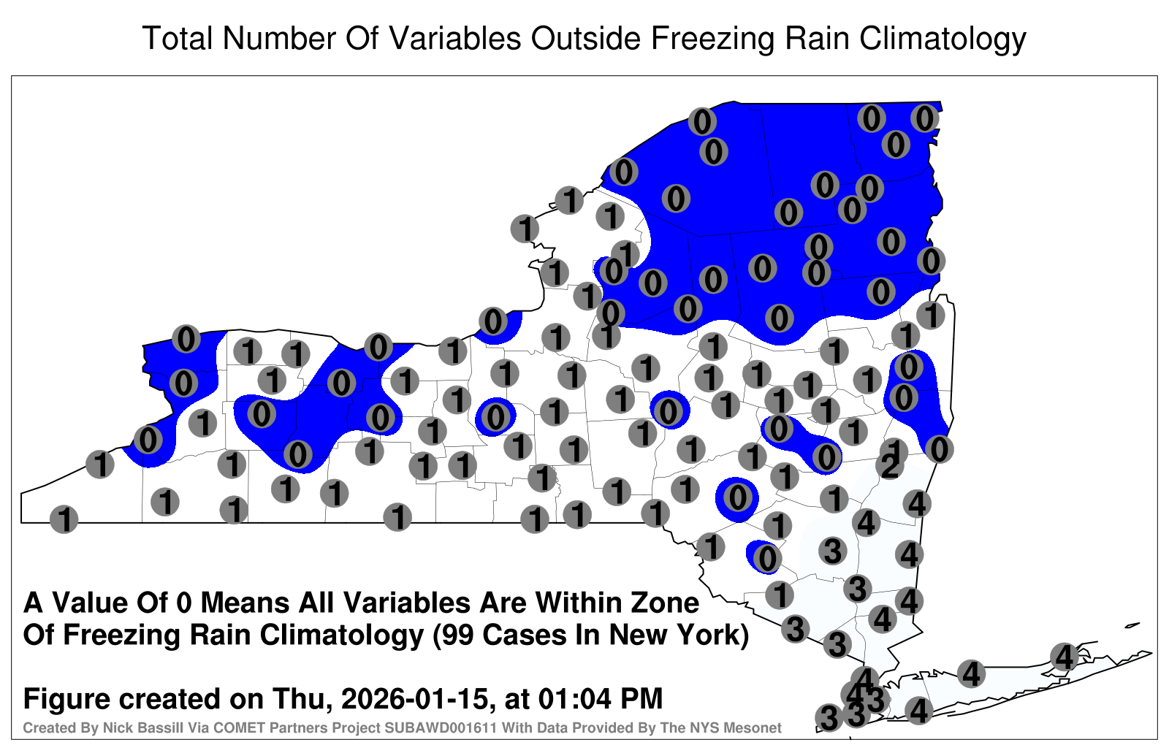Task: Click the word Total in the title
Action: pos(178,39)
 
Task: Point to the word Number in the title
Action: pos(281,39)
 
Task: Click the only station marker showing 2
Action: pos(890,466)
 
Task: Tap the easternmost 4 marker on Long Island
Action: pos(1064,657)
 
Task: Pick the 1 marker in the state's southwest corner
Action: pos(64,519)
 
